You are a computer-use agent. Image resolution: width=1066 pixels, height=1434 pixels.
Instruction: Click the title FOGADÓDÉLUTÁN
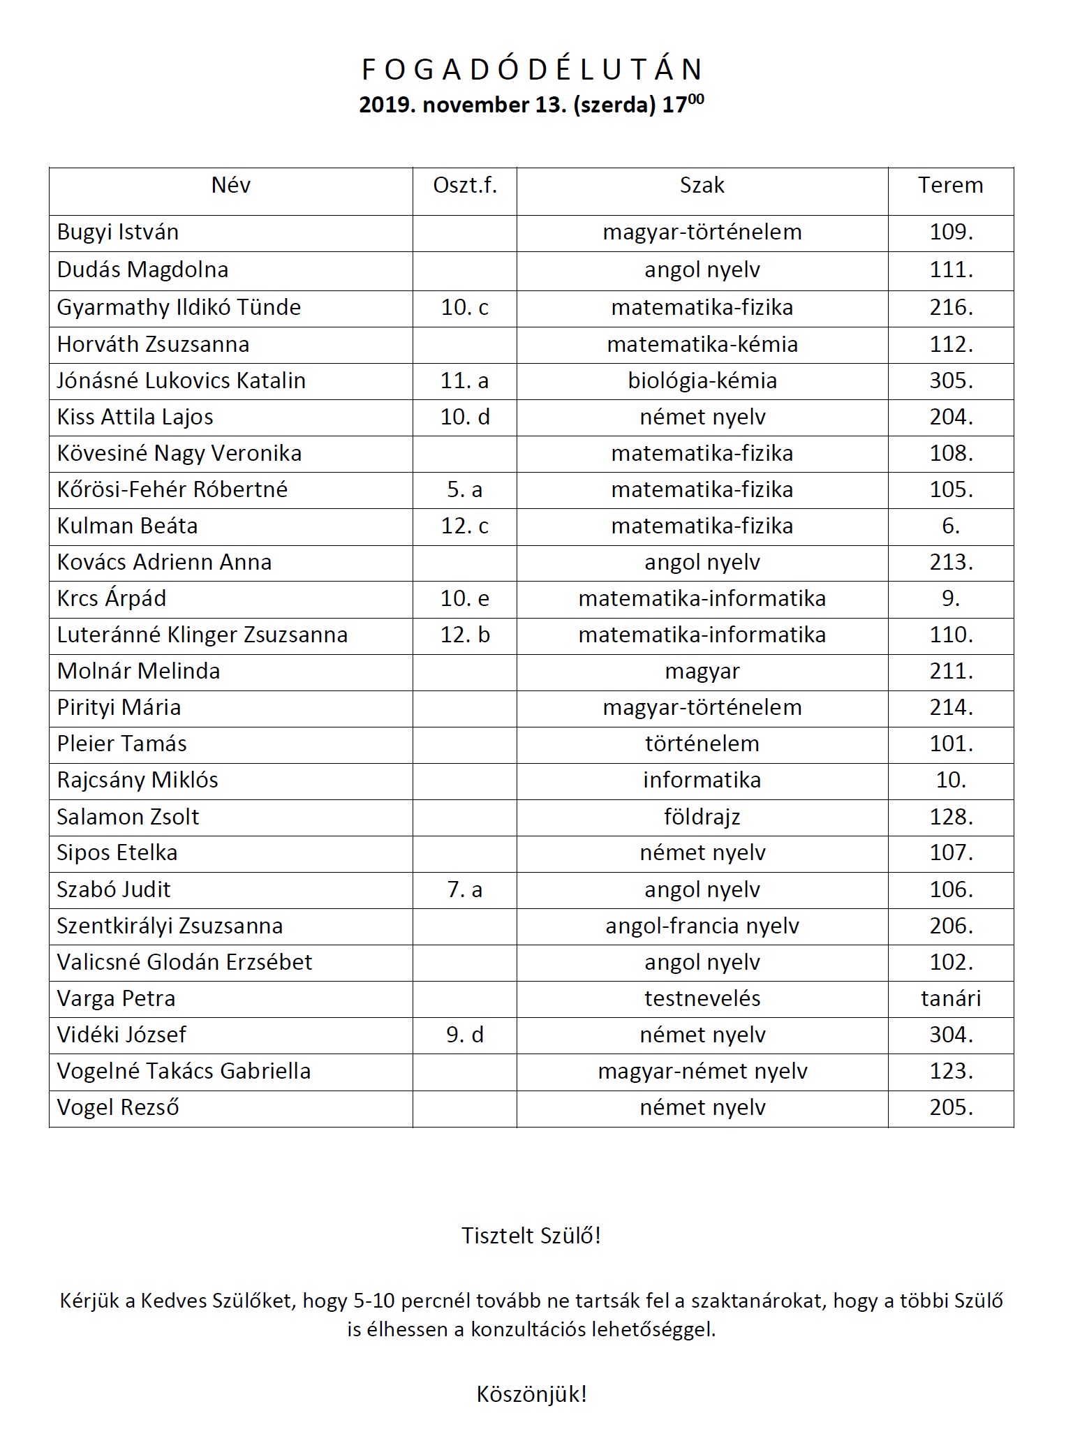[532, 70]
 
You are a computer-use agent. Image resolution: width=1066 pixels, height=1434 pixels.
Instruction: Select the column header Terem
[950, 186]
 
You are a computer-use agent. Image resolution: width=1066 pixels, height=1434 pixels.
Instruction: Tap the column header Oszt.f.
[465, 186]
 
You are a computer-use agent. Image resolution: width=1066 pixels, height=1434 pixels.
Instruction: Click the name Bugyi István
[118, 232]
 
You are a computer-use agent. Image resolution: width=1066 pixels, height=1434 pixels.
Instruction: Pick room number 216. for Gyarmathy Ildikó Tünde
[951, 308]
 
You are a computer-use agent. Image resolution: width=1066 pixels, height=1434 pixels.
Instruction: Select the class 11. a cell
[465, 380]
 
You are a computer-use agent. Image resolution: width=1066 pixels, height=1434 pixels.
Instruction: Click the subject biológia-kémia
[702, 380]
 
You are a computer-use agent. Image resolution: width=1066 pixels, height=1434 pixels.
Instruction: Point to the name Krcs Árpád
[112, 598]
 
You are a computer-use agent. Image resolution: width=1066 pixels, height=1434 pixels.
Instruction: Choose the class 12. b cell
[465, 635]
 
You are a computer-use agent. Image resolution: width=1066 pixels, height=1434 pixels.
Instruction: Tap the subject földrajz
[702, 817]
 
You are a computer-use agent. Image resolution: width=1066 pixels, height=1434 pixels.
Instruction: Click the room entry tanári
[951, 998]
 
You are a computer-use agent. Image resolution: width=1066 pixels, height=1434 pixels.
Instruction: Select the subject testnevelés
[702, 998]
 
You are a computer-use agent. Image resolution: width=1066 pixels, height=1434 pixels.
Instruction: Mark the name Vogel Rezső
[118, 1107]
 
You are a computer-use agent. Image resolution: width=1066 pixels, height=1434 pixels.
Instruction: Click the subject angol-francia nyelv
[702, 926]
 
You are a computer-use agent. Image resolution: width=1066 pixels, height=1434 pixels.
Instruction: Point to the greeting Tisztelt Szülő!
[531, 1236]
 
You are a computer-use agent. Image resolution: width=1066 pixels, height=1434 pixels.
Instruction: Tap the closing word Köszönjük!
[531, 1394]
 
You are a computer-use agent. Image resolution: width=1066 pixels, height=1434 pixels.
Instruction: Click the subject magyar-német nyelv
[702, 1071]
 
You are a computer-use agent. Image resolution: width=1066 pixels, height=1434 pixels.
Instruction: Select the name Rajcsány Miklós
[138, 780]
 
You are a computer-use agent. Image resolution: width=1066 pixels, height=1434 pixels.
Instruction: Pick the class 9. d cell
[465, 1035]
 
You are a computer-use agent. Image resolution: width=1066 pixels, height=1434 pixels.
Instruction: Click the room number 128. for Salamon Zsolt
[951, 817]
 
